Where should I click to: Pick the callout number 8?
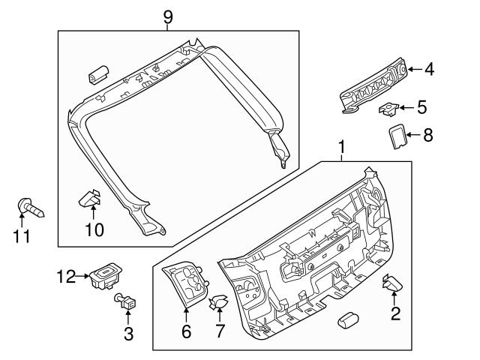428,137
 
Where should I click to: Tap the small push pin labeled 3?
126,303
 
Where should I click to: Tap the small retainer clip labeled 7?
218,304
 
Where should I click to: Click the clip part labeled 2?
393,283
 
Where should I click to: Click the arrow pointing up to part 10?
93,214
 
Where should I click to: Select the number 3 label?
128,332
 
